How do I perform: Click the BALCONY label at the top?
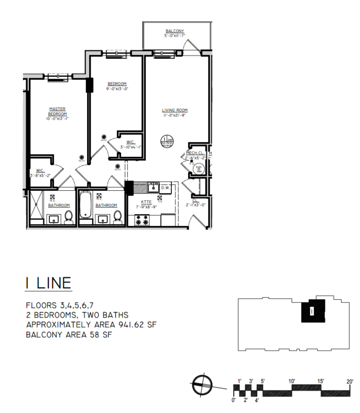(x=174, y=31)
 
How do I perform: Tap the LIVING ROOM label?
(x=174, y=110)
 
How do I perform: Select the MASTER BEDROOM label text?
(x=57, y=112)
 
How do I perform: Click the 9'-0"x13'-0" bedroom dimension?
(x=117, y=89)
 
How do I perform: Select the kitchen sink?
(x=154, y=186)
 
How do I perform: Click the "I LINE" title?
(x=48, y=284)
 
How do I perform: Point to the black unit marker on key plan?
(x=311, y=310)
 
